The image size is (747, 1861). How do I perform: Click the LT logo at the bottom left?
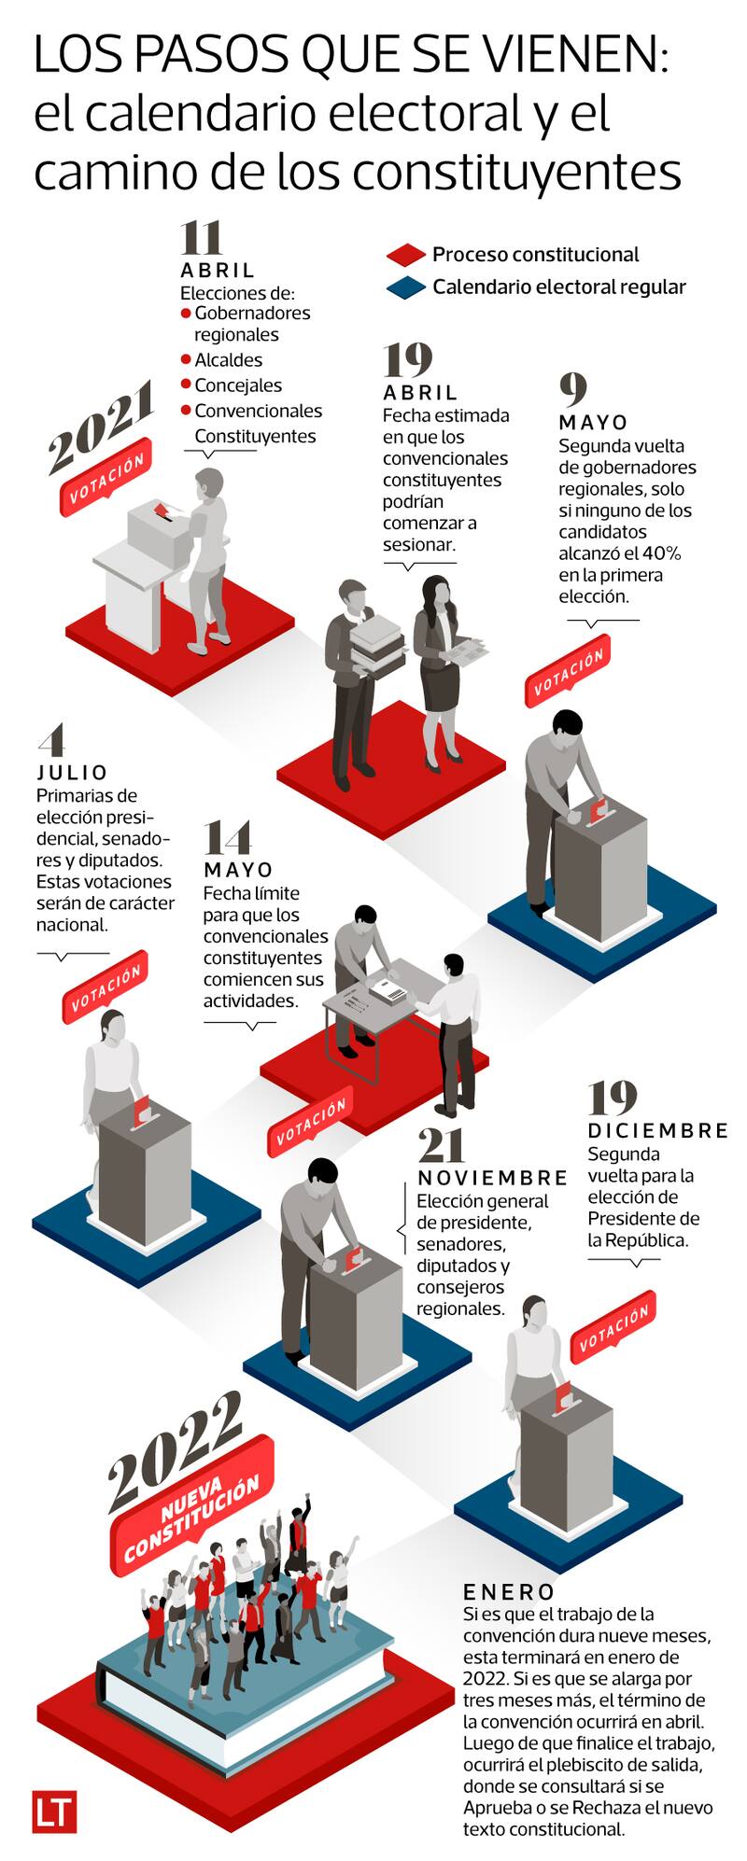(x=53, y=1811)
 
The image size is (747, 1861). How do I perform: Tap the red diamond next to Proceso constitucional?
(x=406, y=255)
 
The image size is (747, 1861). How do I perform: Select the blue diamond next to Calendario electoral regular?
(x=406, y=288)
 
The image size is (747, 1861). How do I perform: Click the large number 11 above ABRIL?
(x=201, y=238)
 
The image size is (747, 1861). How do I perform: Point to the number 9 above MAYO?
(x=572, y=387)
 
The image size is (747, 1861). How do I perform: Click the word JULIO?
(x=73, y=773)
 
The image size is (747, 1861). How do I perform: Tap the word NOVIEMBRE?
(x=493, y=1178)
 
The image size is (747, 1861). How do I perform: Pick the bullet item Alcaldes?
(x=228, y=360)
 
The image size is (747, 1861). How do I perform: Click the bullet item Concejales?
(x=238, y=385)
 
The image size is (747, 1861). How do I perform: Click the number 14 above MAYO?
(x=227, y=837)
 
